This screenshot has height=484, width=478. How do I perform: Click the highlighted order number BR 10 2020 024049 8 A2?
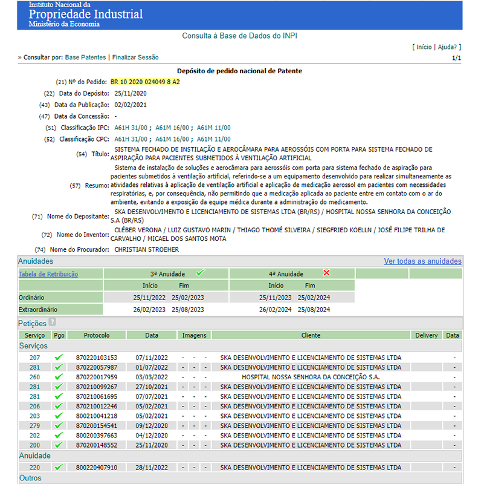145,82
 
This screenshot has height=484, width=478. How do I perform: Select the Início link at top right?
424,47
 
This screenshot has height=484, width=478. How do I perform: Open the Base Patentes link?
85,57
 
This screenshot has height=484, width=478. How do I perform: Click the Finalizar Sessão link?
135,57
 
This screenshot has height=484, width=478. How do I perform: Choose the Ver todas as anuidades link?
422,261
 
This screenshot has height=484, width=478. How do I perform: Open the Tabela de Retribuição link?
48,274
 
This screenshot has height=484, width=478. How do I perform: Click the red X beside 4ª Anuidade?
327,273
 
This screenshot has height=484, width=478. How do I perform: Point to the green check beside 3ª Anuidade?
200,273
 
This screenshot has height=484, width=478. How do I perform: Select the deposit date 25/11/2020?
131,93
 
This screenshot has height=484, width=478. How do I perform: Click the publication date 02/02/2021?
131,105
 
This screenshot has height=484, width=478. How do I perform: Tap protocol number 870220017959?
97,377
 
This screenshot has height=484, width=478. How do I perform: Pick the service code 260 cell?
34,377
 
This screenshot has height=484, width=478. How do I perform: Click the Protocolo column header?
97,335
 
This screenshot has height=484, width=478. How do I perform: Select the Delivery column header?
427,335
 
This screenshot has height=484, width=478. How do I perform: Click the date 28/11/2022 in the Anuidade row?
152,468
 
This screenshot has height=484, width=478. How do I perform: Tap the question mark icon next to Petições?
52,323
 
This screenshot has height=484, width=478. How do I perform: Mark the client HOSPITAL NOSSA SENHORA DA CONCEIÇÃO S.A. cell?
311,377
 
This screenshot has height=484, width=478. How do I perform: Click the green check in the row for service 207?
59,358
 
